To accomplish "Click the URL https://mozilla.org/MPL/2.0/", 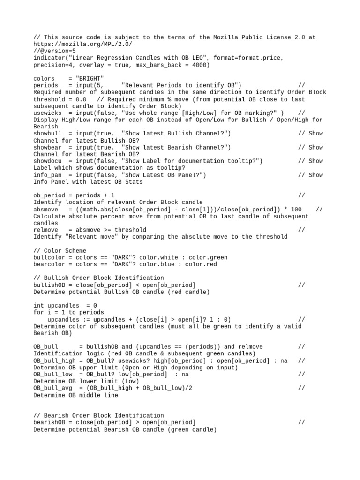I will [x=82, y=44].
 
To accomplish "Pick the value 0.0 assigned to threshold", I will [x=81, y=99].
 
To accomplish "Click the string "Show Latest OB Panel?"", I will [x=164, y=175].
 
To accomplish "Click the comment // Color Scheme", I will [x=60, y=251].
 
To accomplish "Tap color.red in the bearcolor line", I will [x=201, y=264].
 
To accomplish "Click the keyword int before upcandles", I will [x=38, y=306].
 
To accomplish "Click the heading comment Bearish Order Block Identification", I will [x=104, y=416].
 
